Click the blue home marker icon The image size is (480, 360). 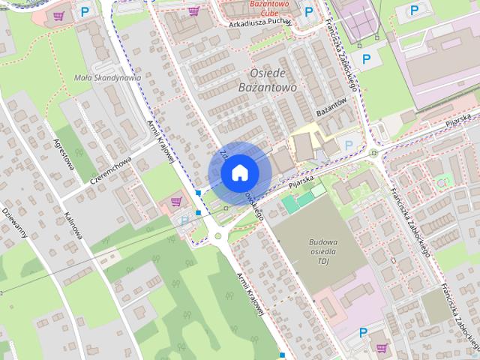(239, 172)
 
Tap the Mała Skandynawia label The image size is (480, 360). (108, 77)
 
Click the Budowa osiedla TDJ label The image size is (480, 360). (323, 251)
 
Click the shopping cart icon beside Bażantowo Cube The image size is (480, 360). (195, 10)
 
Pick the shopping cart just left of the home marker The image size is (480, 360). (176, 201)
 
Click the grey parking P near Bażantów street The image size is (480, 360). (348, 143)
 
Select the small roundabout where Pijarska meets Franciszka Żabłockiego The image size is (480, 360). (373, 154)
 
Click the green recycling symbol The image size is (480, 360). (442, 180)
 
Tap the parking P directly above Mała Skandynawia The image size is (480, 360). (85, 12)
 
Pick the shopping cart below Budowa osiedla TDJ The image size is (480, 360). (383, 348)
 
